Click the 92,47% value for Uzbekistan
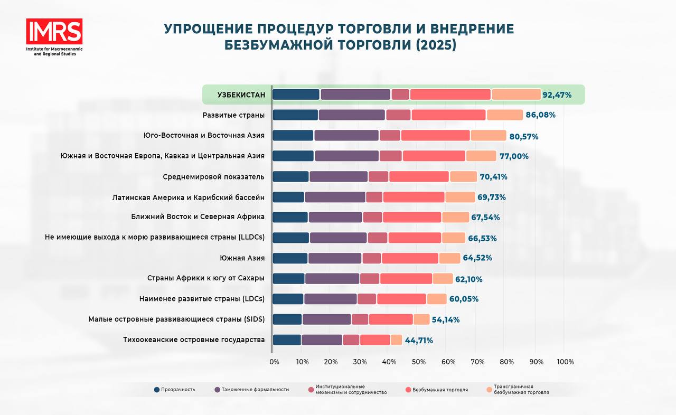pyautogui.click(x=557, y=95)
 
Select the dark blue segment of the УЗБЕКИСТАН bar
pyautogui.click(x=296, y=95)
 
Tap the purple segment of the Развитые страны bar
pyautogui.click(x=352, y=115)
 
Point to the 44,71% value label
pyautogui.click(x=419, y=341)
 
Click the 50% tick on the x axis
pyautogui.click(x=418, y=362)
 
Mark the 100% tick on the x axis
pyautogui.click(x=565, y=362)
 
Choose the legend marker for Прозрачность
pyautogui.click(x=157, y=390)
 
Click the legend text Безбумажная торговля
pyautogui.click(x=440, y=390)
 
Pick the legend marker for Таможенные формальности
pyautogui.click(x=217, y=390)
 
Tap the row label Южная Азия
pyautogui.click(x=242, y=258)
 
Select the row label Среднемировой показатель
pyautogui.click(x=214, y=176)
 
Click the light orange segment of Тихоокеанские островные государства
pyautogui.click(x=396, y=340)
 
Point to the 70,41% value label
pyautogui.click(x=493, y=177)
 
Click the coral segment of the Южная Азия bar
pyautogui.click(x=410, y=258)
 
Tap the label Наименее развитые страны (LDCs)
pyautogui.click(x=202, y=299)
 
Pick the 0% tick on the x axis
pyautogui.click(x=274, y=362)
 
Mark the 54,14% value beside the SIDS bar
pyautogui.click(x=446, y=319)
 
